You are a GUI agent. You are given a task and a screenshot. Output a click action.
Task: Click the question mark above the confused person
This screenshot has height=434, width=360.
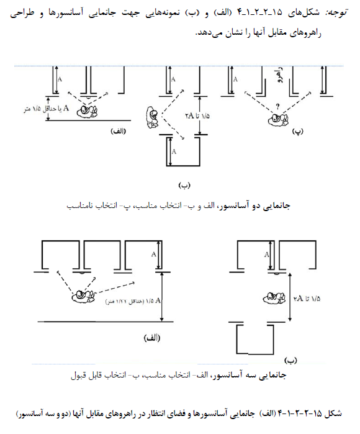(278, 106)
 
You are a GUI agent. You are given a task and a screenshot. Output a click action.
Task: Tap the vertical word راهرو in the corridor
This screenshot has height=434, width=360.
(280, 75)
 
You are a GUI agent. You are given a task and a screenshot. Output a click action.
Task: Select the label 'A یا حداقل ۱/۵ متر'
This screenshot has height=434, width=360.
(46, 109)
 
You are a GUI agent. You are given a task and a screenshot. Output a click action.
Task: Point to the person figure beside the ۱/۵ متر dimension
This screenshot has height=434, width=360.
(88, 112)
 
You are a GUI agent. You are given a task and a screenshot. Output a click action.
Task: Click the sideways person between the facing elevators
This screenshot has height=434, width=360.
(152, 117)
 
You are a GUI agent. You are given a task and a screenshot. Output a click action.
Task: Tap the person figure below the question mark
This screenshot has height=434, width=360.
(278, 120)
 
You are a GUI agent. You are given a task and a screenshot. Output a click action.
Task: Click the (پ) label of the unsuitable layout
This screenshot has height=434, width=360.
(298, 132)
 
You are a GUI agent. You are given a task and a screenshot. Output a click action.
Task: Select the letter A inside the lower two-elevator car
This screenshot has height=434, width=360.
(174, 151)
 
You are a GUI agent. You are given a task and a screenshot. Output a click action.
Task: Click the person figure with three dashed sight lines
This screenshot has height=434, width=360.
(83, 296)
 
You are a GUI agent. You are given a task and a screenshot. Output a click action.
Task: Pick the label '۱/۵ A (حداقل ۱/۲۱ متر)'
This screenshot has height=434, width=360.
(133, 301)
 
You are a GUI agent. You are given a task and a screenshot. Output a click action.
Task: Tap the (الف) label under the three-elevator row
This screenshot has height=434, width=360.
(152, 338)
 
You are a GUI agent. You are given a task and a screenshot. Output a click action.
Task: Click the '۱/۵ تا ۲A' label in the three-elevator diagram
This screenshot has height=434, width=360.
(307, 299)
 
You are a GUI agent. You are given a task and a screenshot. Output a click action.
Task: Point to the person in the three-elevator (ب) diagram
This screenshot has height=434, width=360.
(274, 298)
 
